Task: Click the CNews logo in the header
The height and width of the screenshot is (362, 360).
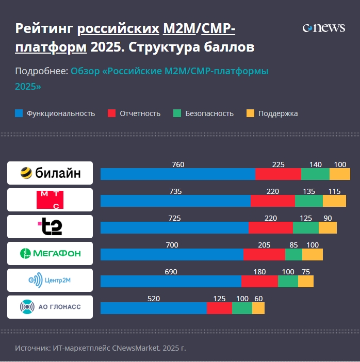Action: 323,28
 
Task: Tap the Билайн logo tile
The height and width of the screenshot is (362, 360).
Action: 50,173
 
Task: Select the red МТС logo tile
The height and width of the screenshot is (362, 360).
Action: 50,200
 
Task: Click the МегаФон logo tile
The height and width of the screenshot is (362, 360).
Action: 50,253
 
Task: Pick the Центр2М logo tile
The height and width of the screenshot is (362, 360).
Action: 50,280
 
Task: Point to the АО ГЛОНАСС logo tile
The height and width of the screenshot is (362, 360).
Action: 50,307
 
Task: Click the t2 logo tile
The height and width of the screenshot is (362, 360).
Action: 50,226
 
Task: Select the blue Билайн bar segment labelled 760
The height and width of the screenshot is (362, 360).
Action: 177,174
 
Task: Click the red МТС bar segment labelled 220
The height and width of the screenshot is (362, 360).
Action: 272,201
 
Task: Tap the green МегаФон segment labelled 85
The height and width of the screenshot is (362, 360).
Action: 293,254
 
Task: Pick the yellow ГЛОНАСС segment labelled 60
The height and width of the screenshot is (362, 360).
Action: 258,308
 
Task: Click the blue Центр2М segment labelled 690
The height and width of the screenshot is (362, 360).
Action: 171,281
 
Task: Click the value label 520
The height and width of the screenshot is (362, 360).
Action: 154,299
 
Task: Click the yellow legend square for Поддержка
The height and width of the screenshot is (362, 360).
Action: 250,113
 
